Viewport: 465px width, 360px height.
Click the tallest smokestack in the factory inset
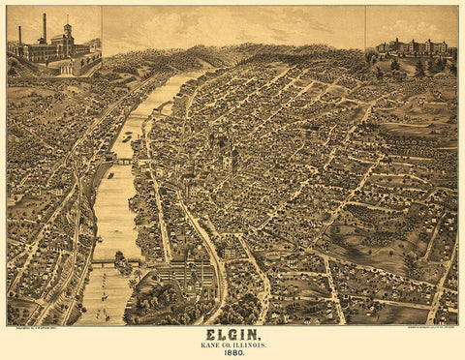pyautogui.click(x=43, y=29)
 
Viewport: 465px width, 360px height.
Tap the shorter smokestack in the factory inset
pyautogui.click(x=19, y=36)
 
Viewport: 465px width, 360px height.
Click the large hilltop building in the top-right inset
pyautogui.click(x=418, y=45)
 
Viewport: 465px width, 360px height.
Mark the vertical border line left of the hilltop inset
pyautogui.click(x=365, y=29)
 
